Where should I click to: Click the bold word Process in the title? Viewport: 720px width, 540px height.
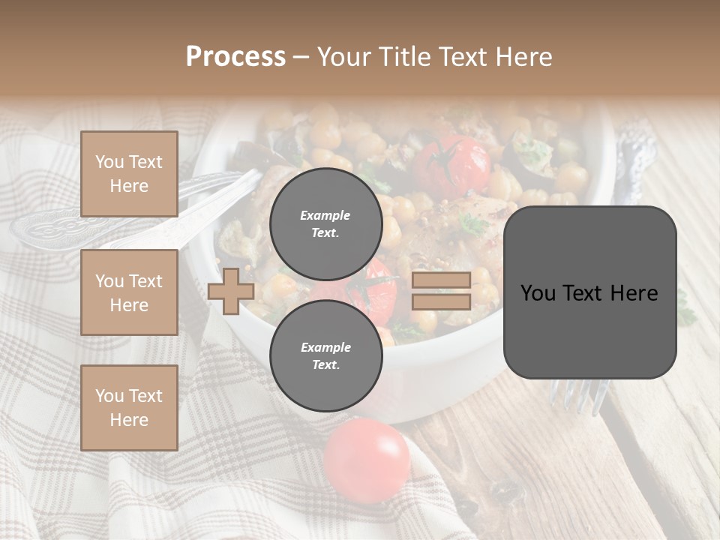pos(235,57)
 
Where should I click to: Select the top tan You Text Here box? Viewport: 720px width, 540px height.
pos(129,174)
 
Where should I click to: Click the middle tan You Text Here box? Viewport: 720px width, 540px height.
pos(129,292)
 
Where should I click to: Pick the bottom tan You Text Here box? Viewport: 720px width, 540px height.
pos(129,408)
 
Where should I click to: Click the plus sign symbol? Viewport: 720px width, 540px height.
pos(230,292)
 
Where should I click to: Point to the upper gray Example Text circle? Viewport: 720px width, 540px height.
pos(325,223)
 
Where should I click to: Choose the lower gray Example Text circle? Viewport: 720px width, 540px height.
pos(325,355)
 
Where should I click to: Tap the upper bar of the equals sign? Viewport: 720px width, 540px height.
pos(442,280)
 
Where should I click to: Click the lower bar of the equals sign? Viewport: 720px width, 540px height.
pos(442,302)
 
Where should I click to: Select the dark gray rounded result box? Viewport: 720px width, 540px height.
pos(589,292)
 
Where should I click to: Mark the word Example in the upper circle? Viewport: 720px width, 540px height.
pos(325,215)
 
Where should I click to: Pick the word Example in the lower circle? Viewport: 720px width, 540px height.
pos(325,347)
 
